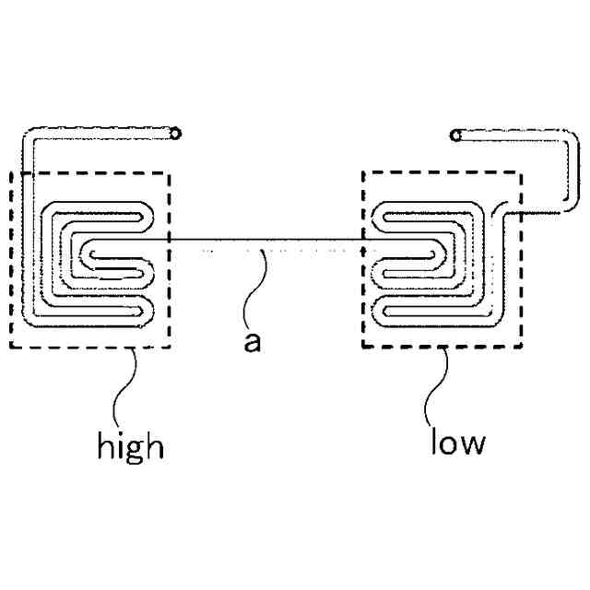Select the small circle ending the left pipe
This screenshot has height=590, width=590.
click(175, 134)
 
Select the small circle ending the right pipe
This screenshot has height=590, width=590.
click(454, 136)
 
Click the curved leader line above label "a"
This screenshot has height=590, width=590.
click(261, 281)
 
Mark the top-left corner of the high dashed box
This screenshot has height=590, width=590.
click(11, 172)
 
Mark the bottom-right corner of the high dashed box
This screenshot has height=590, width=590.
click(169, 348)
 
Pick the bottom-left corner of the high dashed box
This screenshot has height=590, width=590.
click(11, 348)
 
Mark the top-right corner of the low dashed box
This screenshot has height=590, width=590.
click(522, 171)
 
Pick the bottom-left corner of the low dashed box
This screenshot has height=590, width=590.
click(363, 348)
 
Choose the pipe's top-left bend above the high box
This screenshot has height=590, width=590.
click(28, 136)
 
